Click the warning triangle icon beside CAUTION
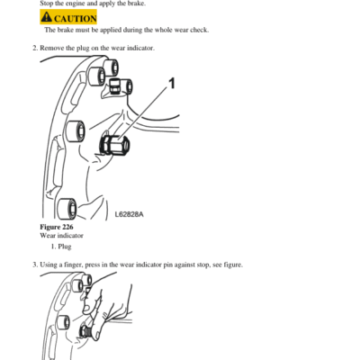46,17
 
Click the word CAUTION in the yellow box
76,19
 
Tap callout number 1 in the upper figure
172,84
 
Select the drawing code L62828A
130,214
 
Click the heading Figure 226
57,227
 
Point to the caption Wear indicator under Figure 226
61,236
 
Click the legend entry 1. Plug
61,247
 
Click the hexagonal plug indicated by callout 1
114,145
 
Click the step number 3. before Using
35,265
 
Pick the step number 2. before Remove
35,48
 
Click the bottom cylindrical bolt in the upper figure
67,209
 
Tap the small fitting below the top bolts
114,86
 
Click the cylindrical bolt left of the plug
75,132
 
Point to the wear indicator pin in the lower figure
85,332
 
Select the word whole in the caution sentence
163,30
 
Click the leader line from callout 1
143,112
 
